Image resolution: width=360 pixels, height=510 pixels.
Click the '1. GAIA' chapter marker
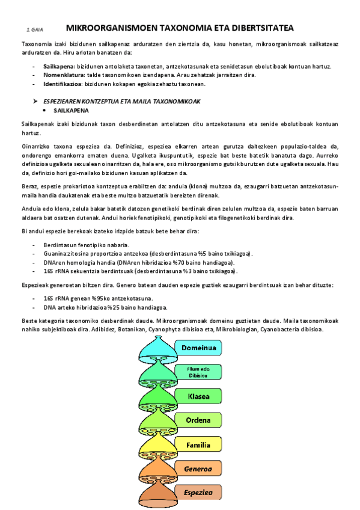pos(34,29)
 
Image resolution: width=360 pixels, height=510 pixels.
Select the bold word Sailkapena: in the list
pos(59,66)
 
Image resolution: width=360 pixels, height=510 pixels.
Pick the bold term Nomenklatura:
pos(64,75)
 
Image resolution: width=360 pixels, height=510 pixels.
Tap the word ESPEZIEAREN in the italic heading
pos(66,102)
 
